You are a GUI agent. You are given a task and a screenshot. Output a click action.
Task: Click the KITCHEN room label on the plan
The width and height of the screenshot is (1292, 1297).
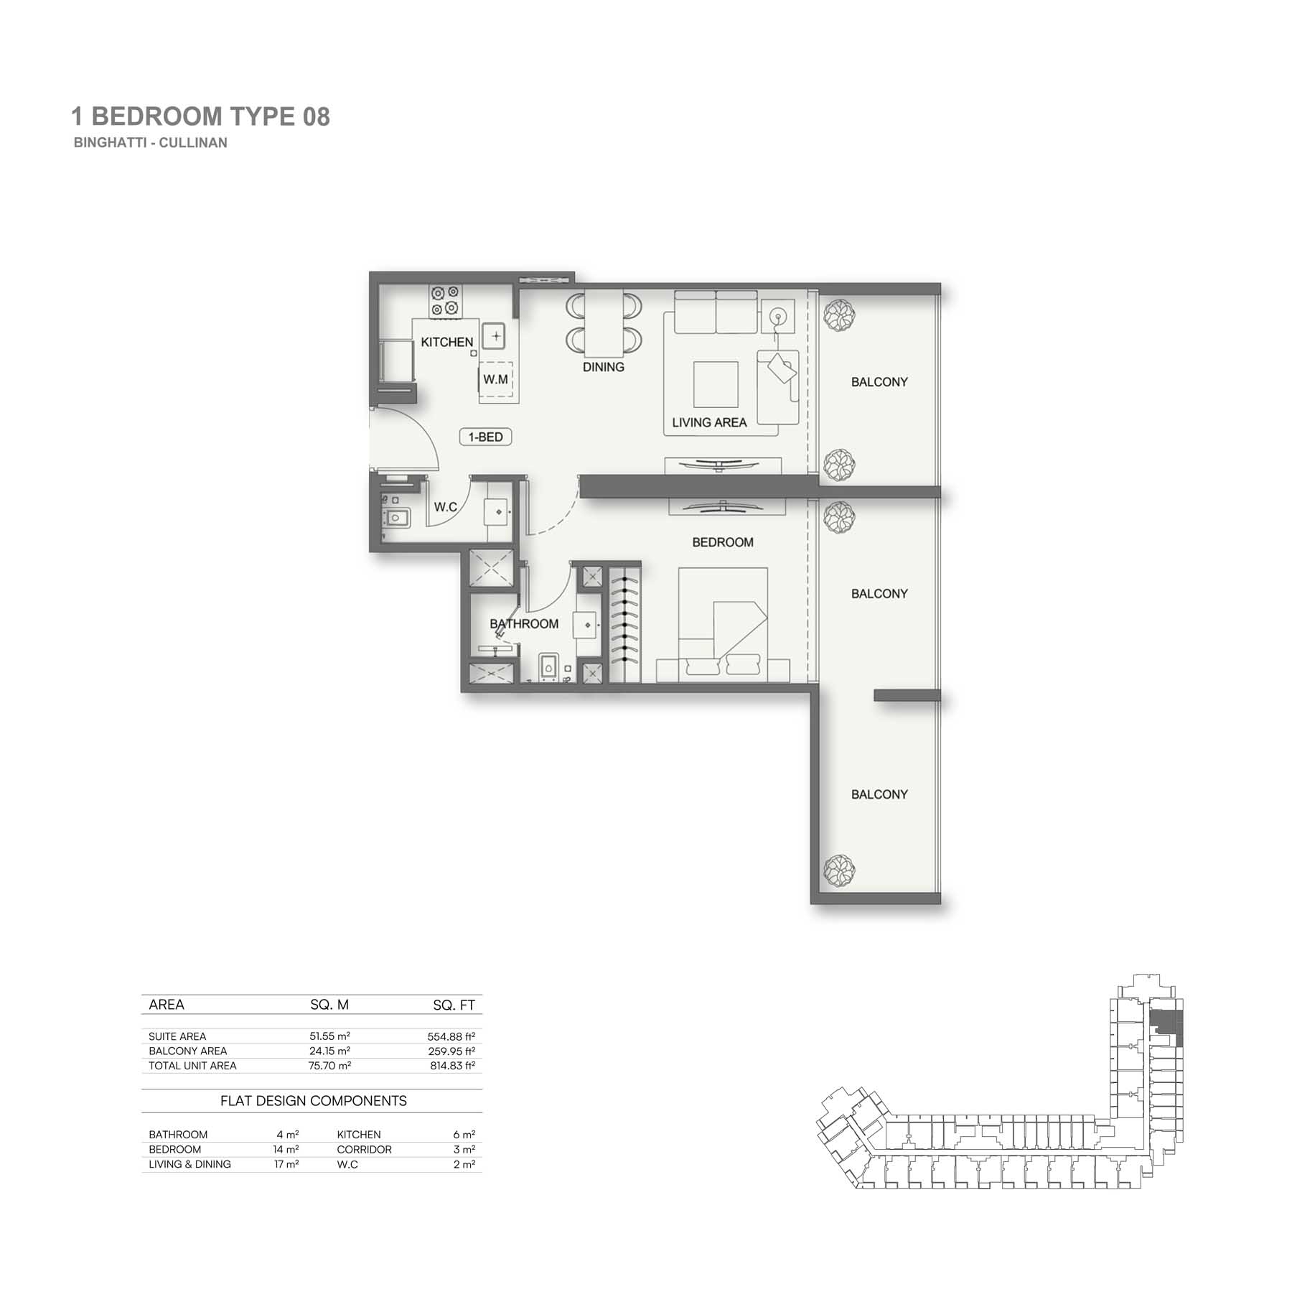tap(446, 343)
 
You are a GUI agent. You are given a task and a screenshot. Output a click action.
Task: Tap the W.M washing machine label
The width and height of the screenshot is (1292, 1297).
tap(495, 379)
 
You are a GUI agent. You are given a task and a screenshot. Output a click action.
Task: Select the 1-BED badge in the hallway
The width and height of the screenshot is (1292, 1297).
tap(485, 437)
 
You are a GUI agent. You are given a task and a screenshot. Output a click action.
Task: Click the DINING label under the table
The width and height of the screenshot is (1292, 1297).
tap(603, 367)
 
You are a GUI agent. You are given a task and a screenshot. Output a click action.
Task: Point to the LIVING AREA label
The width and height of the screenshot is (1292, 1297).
tap(709, 423)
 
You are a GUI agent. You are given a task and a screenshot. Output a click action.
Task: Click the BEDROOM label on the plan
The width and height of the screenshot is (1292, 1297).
tap(723, 542)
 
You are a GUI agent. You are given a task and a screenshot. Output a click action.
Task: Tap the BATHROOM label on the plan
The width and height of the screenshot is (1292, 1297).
tap(524, 624)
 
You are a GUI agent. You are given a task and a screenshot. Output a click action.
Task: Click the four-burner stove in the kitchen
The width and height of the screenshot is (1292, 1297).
tap(445, 301)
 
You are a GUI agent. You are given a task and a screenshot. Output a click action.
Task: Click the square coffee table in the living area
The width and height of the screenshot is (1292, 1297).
tap(716, 384)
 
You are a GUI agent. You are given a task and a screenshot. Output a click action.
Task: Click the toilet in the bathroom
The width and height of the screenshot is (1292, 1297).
tap(548, 666)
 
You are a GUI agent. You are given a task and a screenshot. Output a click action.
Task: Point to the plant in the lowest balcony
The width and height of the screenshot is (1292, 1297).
tap(838, 871)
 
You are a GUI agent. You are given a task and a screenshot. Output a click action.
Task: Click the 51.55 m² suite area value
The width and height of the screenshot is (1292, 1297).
tap(329, 1036)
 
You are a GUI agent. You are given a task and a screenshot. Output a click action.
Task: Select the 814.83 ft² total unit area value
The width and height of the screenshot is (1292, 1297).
tap(452, 1066)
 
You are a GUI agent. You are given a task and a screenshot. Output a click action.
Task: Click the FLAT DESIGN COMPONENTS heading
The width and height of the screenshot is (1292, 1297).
tap(314, 1101)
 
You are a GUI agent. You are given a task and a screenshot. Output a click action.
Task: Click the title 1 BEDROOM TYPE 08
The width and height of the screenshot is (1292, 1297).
tap(201, 116)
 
